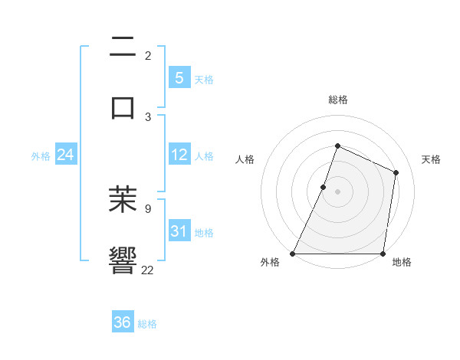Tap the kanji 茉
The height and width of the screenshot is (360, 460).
(x=123, y=200)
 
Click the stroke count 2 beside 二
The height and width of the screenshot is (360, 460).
(x=148, y=56)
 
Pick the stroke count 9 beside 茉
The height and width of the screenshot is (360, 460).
(x=148, y=208)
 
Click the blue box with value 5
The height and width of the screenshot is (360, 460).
(x=179, y=78)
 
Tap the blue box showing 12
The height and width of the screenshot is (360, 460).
(x=179, y=155)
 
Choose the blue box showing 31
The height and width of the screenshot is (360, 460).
(x=179, y=231)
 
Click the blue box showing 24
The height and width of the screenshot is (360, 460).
(x=66, y=155)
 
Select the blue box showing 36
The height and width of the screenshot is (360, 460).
(x=123, y=322)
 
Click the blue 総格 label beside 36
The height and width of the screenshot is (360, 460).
(x=148, y=324)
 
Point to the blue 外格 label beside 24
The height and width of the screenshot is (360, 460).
(x=41, y=156)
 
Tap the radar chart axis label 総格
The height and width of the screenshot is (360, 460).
(x=337, y=100)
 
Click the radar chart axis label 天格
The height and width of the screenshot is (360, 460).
(x=431, y=159)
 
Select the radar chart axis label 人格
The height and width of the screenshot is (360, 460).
(x=245, y=159)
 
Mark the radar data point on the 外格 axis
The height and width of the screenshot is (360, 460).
(x=293, y=254)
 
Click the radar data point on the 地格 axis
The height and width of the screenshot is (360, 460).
(x=383, y=254)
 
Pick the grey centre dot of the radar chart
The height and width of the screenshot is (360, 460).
(x=337, y=191)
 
